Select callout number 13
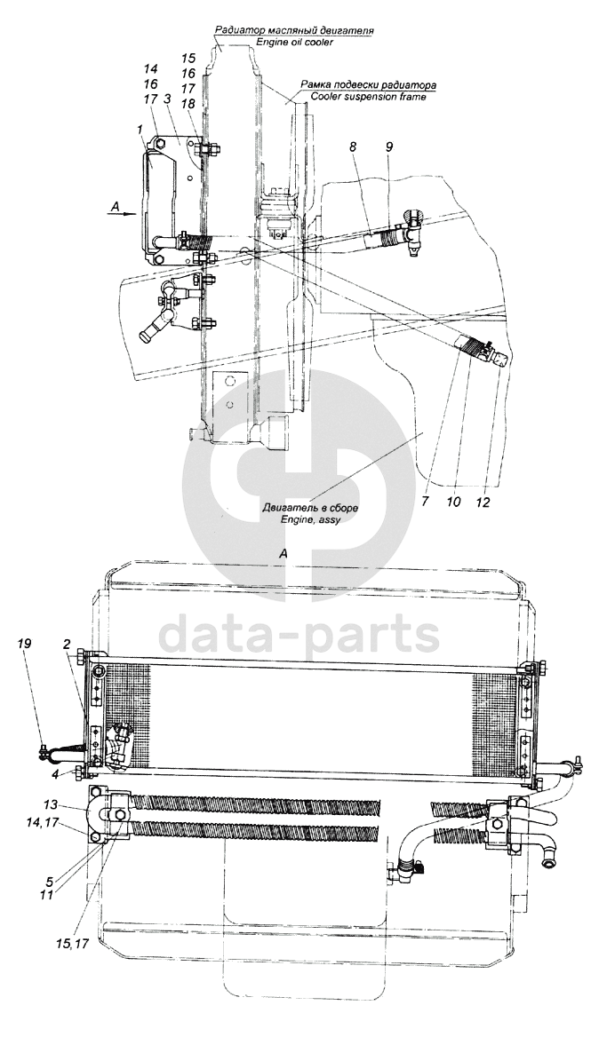click(52, 804)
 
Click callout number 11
click(49, 896)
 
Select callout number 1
click(140, 130)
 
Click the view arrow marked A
click(121, 210)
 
